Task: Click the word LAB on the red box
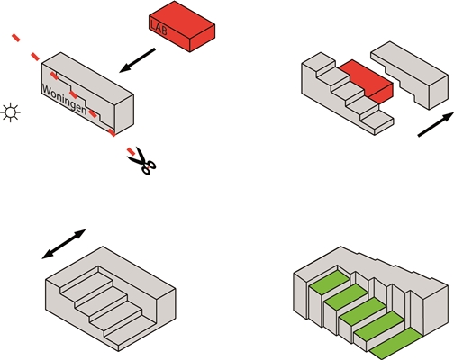(159, 28)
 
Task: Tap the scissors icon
(142, 161)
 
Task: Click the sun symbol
(11, 112)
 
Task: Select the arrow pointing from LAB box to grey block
(137, 60)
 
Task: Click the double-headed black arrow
(64, 244)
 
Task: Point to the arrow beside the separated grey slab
(436, 124)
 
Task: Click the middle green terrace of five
(362, 312)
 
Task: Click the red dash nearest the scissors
(131, 151)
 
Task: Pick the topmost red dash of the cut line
(16, 38)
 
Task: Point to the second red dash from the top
(35, 56)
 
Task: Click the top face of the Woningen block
(87, 79)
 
